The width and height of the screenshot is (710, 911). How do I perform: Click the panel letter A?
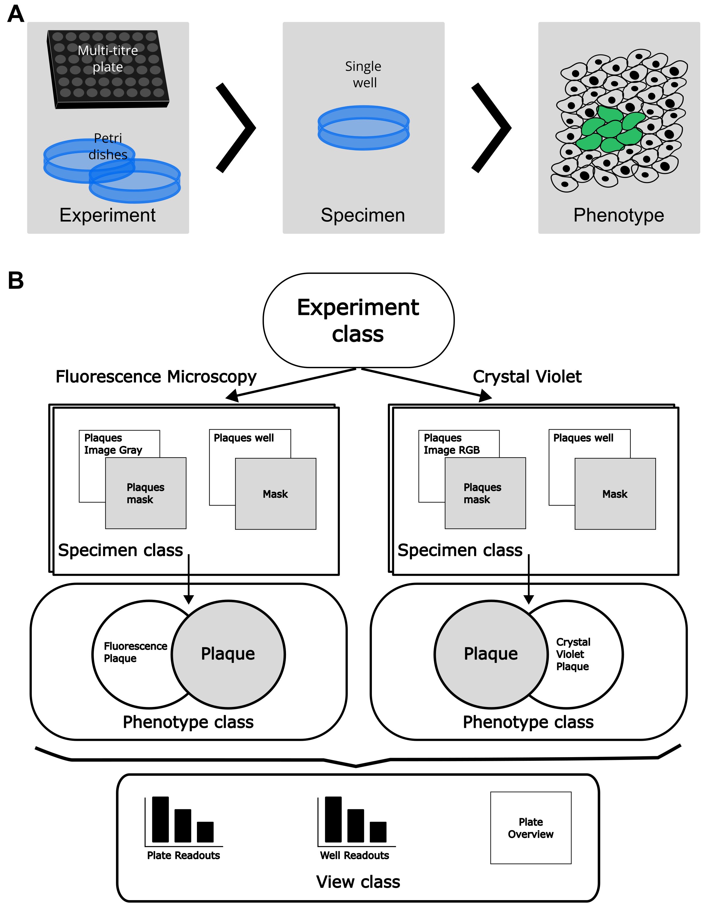click(16, 14)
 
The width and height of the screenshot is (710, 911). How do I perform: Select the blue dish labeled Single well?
click(363, 128)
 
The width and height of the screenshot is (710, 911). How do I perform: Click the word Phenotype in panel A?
click(618, 215)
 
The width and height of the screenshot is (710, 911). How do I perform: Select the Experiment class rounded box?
click(358, 320)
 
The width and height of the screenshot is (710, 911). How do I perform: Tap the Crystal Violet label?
click(527, 376)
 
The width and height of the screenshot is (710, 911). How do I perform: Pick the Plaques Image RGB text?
click(452, 444)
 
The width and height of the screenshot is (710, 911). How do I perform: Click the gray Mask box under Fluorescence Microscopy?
click(275, 494)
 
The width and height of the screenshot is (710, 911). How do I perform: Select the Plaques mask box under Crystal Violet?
click(485, 493)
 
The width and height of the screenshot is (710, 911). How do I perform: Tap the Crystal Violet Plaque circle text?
click(573, 654)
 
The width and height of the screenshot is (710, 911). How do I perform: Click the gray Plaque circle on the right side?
click(491, 654)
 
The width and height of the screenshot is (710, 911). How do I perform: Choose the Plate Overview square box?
click(530, 828)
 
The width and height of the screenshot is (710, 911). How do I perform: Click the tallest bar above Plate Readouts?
click(160, 819)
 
